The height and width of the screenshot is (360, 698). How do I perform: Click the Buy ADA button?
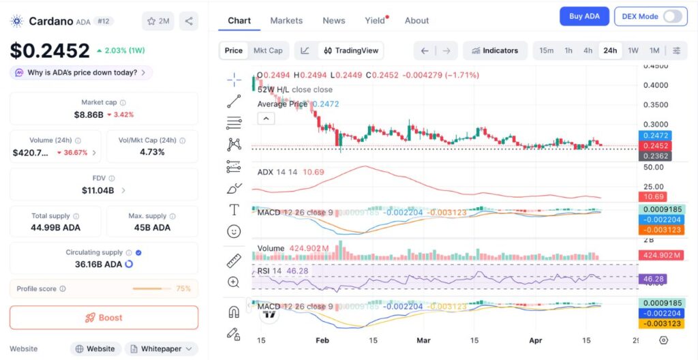pyautogui.click(x=584, y=16)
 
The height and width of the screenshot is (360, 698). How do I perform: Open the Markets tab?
pyautogui.click(x=286, y=20)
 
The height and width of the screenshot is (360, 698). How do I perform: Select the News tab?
pyautogui.click(x=334, y=20)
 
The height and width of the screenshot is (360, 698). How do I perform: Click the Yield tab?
pyautogui.click(x=375, y=20)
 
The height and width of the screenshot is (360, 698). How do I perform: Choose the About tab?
pyautogui.click(x=416, y=20)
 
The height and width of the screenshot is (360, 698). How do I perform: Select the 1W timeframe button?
pyautogui.click(x=633, y=50)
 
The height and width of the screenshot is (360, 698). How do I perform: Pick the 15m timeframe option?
pyautogui.click(x=546, y=50)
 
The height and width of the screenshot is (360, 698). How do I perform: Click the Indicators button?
pyautogui.click(x=495, y=50)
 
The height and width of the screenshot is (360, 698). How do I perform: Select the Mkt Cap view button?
pyautogui.click(x=268, y=50)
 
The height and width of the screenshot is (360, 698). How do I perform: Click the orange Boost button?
pyautogui.click(x=104, y=318)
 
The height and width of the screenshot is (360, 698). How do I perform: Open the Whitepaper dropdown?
pyautogui.click(x=161, y=348)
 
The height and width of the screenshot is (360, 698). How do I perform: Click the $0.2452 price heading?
pyautogui.click(x=50, y=50)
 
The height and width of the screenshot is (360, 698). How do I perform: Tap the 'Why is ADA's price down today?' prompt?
pyautogui.click(x=81, y=72)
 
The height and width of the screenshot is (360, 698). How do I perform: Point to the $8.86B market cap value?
pyautogui.click(x=89, y=115)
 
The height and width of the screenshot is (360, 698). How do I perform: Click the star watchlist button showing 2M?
pyautogui.click(x=158, y=21)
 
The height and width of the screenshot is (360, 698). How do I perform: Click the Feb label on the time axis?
pyautogui.click(x=322, y=340)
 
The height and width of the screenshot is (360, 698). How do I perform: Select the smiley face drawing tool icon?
pyautogui.click(x=234, y=232)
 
